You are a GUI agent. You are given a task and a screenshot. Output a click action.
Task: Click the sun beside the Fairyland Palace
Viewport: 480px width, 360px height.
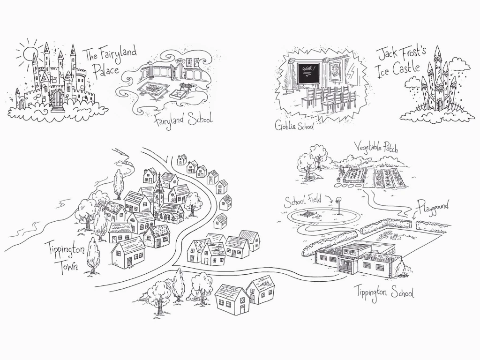(29, 52)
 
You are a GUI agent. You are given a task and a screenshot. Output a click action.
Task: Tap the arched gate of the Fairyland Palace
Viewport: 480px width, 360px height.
(57, 99)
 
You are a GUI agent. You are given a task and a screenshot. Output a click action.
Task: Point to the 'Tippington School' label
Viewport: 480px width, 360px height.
(383, 292)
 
